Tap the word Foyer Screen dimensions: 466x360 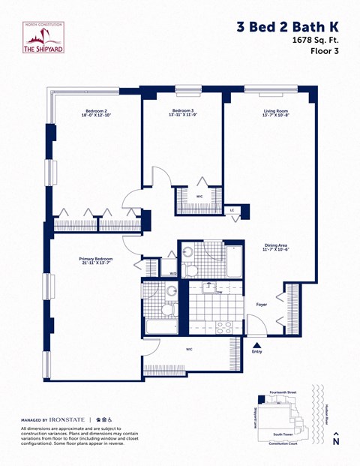click(x=262, y=305)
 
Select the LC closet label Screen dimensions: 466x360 click(x=232, y=210)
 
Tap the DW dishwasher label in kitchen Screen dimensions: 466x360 click(x=219, y=293)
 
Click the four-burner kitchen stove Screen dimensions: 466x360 click(x=224, y=326)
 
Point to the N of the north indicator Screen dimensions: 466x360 click(x=336, y=443)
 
